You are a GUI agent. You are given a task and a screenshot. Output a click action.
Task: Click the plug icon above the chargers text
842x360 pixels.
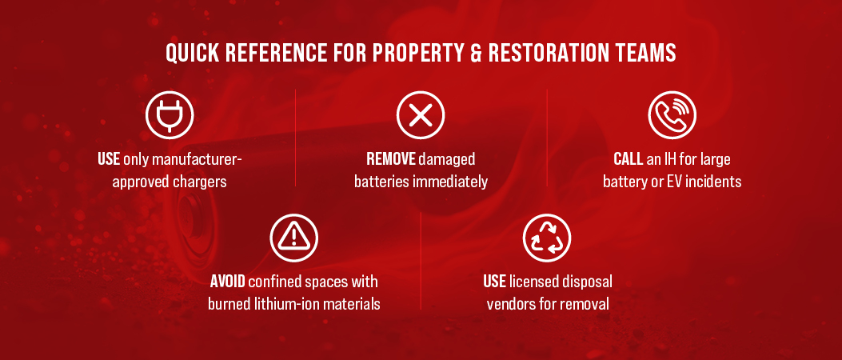click(170, 114)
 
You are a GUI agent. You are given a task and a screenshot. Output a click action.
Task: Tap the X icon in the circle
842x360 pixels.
click(421, 114)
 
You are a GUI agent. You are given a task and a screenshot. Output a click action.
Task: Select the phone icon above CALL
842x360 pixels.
click(672, 114)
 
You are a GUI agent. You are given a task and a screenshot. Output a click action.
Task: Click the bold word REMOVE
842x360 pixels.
click(391, 159)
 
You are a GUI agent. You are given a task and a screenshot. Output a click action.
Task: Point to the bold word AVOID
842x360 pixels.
click(228, 282)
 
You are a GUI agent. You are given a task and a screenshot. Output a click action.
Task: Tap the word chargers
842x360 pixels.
click(200, 182)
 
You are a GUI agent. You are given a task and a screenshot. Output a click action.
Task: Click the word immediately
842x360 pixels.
click(449, 182)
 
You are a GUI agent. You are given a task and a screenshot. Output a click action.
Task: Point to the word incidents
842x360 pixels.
click(715, 182)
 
